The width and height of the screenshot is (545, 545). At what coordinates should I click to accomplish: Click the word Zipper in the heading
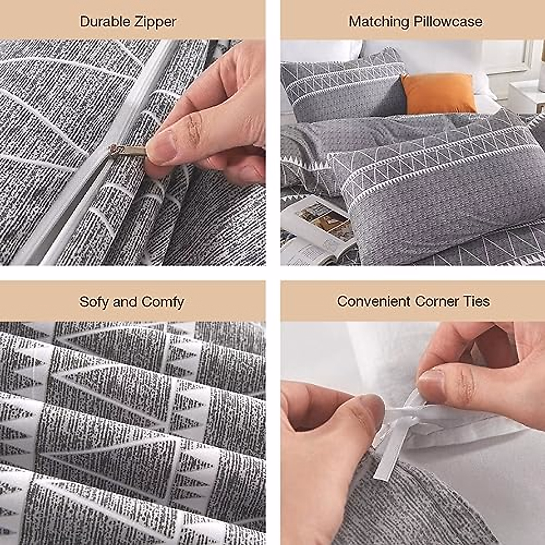click(155, 22)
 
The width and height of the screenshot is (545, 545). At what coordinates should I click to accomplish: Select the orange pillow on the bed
click(439, 94)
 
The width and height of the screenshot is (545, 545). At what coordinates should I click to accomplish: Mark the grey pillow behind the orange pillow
click(345, 89)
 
